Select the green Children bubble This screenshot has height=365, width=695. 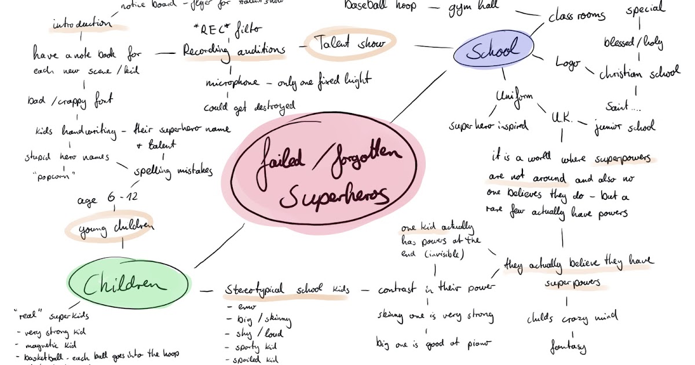tap(128, 284)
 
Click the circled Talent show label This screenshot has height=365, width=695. tap(351, 43)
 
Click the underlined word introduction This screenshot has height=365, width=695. tap(82, 24)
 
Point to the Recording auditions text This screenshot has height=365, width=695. tap(234, 50)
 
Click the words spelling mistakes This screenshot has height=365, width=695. tap(173, 171)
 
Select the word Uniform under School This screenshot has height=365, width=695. tap(514, 97)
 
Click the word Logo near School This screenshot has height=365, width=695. tap(567, 63)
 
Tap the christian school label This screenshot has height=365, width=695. tap(639, 74)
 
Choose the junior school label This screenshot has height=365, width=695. tap(625, 126)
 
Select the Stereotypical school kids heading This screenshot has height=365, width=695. tap(287, 289)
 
